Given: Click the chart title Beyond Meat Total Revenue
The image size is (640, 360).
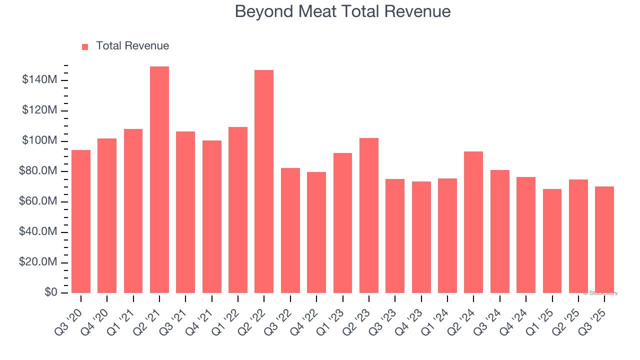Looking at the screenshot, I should (342, 11).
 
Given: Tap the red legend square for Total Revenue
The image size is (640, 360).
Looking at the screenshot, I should (85, 46).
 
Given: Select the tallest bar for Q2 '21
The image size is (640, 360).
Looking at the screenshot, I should (159, 179).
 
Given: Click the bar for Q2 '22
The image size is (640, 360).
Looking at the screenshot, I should (264, 181).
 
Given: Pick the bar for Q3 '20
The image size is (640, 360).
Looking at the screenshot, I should (81, 221).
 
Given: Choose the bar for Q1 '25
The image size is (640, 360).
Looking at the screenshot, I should (552, 240).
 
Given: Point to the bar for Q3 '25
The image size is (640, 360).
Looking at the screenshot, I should (604, 239).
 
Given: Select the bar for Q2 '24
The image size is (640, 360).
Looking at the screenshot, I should (473, 222).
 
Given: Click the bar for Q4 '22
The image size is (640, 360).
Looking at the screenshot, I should (316, 232).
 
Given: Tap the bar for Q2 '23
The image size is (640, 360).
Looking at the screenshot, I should (369, 215).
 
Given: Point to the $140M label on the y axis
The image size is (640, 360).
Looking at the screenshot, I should (39, 80).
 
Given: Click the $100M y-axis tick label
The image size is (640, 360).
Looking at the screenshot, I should (39, 141).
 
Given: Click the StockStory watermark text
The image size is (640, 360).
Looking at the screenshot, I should (600, 293).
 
